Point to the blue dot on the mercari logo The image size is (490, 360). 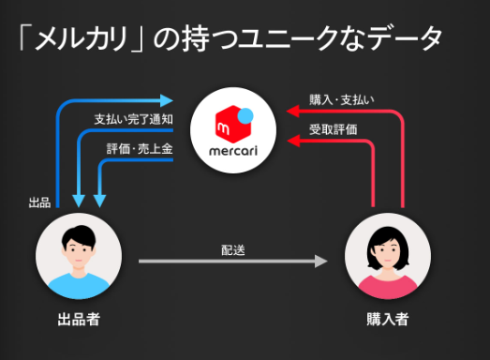click(x=246, y=115)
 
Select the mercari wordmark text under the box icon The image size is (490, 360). click(x=230, y=151)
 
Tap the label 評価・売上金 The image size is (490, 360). click(x=138, y=147)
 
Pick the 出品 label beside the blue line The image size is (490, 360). click(x=39, y=201)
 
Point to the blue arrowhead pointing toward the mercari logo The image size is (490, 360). click(x=170, y=97)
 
